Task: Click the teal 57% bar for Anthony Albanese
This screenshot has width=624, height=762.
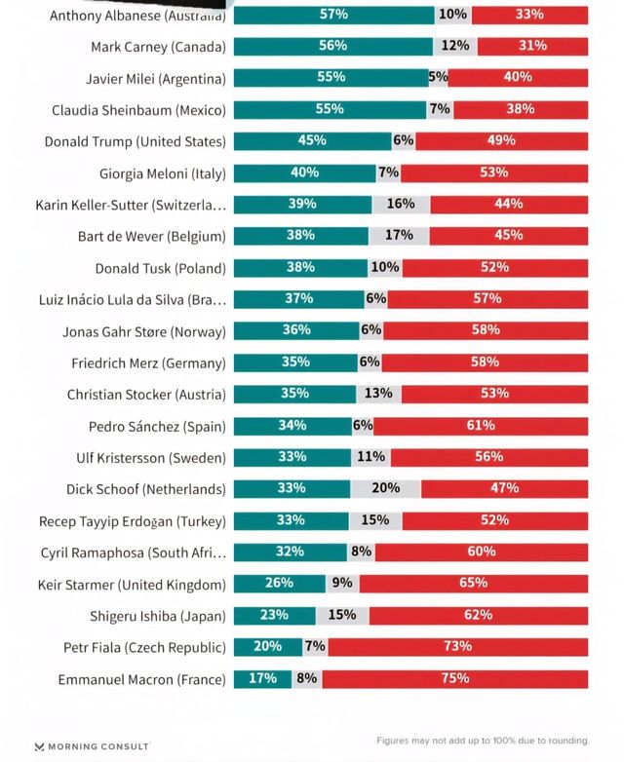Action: pyautogui.click(x=333, y=16)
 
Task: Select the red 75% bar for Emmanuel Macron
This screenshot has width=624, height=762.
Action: pyautogui.click(x=455, y=679)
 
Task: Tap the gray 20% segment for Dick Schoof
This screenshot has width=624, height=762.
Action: pyautogui.click(x=385, y=489)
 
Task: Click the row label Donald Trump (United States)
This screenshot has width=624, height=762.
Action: pyautogui.click(x=135, y=141)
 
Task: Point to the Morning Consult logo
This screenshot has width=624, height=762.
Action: pyautogui.click(x=92, y=746)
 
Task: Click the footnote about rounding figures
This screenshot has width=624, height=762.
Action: pyautogui.click(x=483, y=742)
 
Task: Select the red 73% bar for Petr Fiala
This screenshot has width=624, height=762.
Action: pyautogui.click(x=457, y=647)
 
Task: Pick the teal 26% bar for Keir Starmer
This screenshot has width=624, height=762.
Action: pyautogui.click(x=279, y=584)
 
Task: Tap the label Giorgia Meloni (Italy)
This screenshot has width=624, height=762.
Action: pyautogui.click(x=162, y=173)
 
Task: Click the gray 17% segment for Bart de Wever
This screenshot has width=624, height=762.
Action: pyautogui.click(x=399, y=236)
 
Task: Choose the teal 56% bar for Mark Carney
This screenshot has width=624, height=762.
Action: pyautogui.click(x=332, y=47)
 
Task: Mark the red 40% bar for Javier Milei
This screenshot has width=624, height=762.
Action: pyautogui.click(x=518, y=78)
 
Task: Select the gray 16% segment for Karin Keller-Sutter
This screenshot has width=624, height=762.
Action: pyautogui.click(x=401, y=205)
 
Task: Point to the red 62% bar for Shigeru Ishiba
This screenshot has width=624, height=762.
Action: pyautogui.click(x=478, y=616)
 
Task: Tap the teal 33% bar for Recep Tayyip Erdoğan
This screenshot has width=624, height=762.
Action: pyautogui.click(x=291, y=520)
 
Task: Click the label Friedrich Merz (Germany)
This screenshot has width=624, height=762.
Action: pyautogui.click(x=148, y=363)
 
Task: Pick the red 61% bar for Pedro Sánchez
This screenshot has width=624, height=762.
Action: pyautogui.click(x=480, y=426)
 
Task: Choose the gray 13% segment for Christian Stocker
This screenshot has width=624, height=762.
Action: pyautogui.click(x=378, y=394)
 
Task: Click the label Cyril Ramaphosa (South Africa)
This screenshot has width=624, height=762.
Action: pyautogui.click(x=133, y=552)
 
